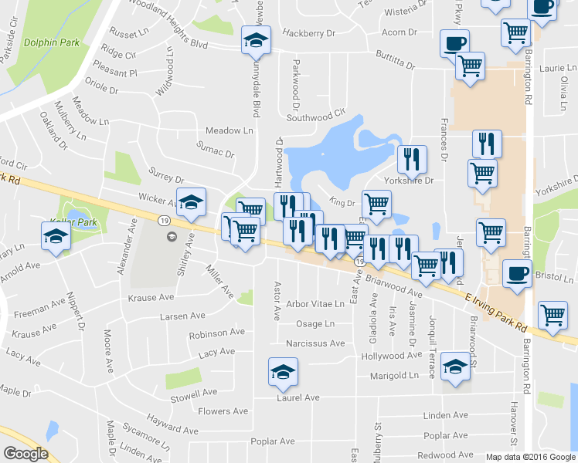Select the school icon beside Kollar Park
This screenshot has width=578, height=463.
(x=55, y=236)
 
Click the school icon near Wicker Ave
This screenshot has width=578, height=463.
(x=191, y=202)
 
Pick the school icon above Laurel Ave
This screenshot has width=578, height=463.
(x=283, y=372)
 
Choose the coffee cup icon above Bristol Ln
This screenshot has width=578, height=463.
(x=516, y=272)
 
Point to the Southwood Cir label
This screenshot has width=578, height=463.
(x=315, y=118)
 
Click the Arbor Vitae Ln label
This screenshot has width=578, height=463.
(x=314, y=304)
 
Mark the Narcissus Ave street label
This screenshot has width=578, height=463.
(x=314, y=343)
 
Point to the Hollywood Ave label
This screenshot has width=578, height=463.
(x=393, y=356)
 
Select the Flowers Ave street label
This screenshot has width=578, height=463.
(x=222, y=411)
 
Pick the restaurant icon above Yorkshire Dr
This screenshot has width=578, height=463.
(x=412, y=159)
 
